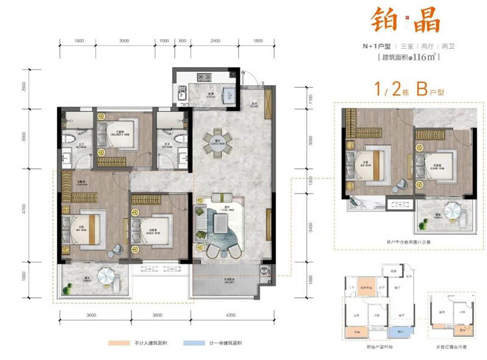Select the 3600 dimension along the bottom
click(91, 315)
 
